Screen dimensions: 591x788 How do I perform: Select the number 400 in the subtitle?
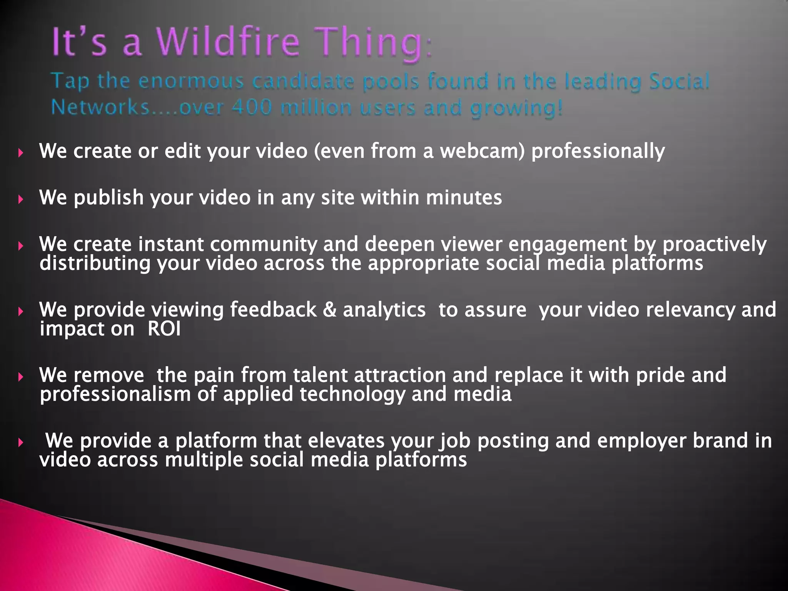(x=252, y=107)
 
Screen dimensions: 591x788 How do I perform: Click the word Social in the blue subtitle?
(x=679, y=82)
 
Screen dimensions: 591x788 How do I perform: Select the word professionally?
(x=598, y=152)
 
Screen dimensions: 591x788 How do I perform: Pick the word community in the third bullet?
(x=264, y=244)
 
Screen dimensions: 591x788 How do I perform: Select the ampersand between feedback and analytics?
(x=330, y=310)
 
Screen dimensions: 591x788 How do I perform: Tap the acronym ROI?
(x=164, y=329)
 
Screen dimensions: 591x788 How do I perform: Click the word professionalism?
(x=115, y=395)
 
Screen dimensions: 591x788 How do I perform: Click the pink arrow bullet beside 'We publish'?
(x=21, y=199)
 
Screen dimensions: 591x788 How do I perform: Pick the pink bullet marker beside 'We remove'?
(x=21, y=377)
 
